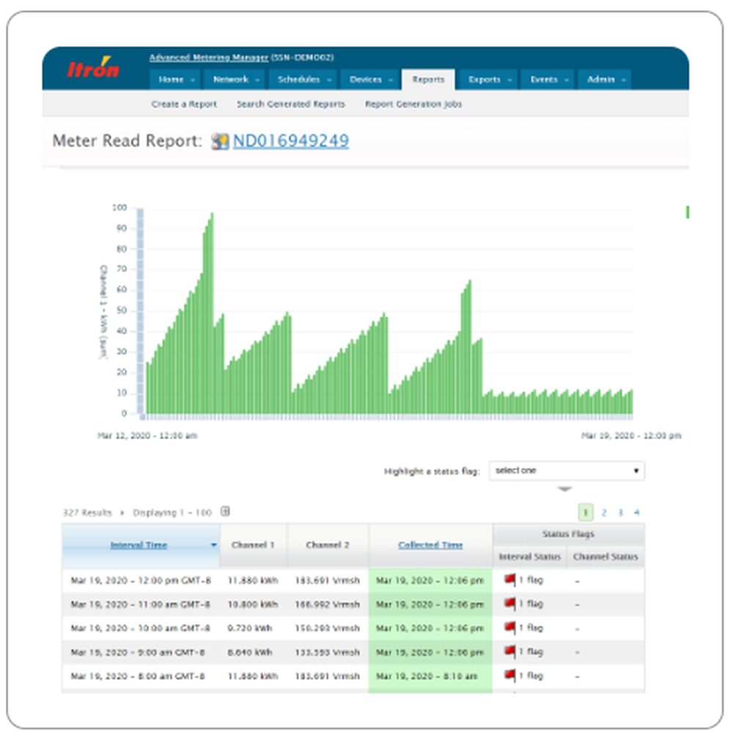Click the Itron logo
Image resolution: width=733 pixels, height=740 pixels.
(93, 69)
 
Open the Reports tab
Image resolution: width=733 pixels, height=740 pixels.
(428, 79)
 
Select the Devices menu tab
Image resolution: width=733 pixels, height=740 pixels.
(366, 79)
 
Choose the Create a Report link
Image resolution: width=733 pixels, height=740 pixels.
(184, 104)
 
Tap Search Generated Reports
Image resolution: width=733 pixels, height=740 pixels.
(290, 104)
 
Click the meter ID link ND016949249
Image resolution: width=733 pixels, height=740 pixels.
(290, 141)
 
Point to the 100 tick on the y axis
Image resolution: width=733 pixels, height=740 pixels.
(119, 208)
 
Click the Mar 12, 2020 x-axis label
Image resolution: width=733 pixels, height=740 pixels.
(147, 435)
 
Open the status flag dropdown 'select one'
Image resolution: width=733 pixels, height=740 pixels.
(567, 470)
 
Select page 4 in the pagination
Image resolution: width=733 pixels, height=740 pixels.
(636, 513)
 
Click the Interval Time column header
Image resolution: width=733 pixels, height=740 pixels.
(139, 545)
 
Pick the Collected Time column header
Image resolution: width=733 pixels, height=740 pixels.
(430, 545)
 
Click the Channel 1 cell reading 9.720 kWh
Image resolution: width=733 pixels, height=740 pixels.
(253, 629)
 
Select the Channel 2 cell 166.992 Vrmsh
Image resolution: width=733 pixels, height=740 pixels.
(327, 604)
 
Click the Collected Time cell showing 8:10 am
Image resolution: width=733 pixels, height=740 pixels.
(430, 676)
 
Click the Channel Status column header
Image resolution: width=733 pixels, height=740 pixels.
(605, 557)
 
